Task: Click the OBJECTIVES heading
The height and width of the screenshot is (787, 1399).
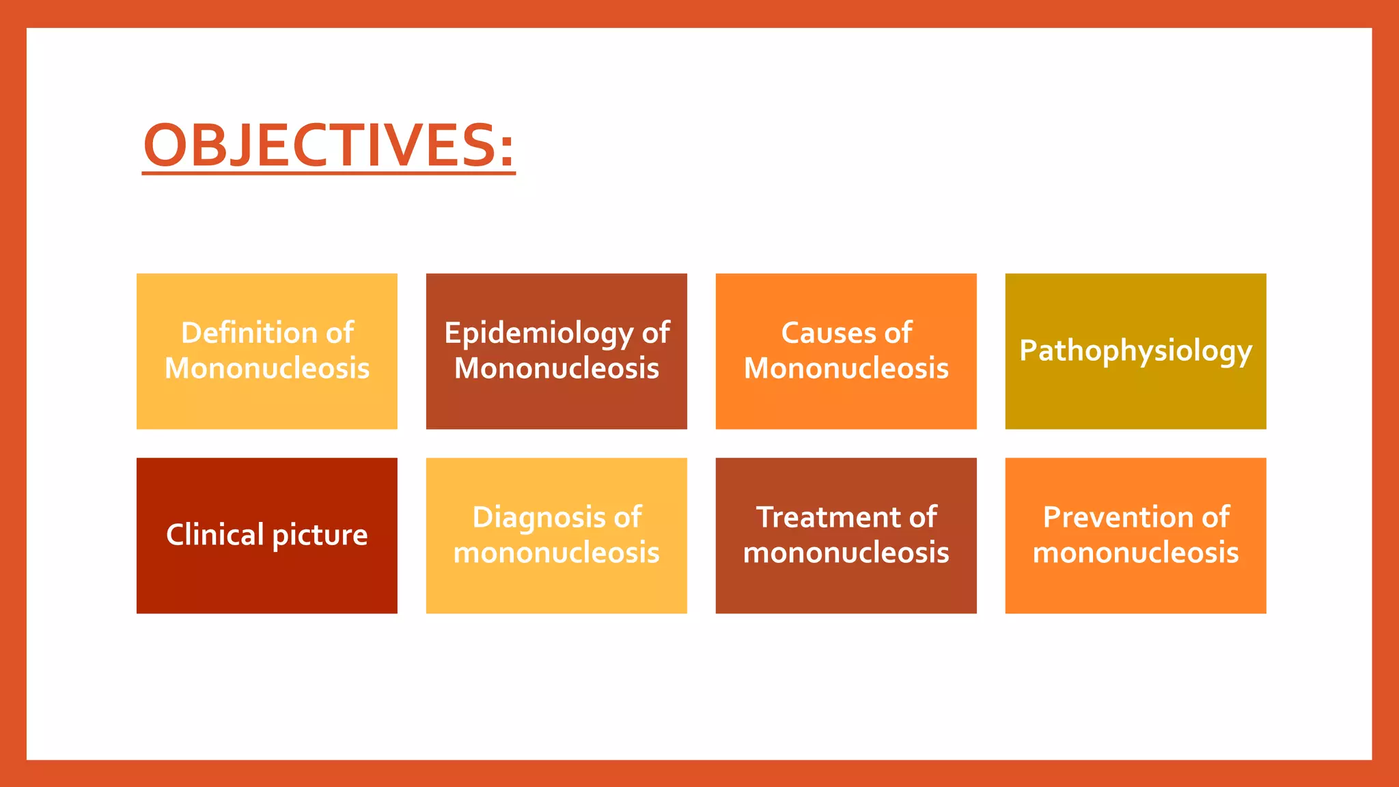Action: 321,145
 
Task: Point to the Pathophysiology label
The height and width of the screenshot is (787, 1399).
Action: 1135,351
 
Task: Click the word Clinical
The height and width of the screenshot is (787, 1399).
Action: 214,534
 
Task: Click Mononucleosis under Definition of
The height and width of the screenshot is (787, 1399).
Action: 267,369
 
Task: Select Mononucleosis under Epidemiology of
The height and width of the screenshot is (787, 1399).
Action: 557,369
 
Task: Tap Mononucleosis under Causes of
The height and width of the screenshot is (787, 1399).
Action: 846,369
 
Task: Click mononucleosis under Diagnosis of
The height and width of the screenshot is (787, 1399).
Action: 557,553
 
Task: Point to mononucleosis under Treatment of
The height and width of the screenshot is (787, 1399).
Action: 846,553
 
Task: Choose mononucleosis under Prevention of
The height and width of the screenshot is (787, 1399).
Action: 1135,553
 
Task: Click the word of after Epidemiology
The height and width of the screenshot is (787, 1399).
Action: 656,333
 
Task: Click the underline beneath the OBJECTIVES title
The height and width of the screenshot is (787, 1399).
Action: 328,173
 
